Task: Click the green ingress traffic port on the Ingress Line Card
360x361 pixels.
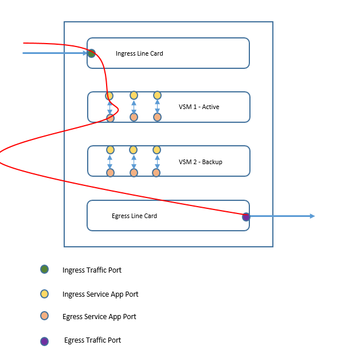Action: point(91,53)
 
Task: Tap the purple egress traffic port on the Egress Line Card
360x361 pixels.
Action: point(246,216)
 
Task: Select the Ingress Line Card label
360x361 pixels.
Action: point(139,53)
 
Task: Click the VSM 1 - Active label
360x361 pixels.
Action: point(199,107)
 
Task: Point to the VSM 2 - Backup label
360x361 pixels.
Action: point(200,162)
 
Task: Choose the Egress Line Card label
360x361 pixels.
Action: point(134,216)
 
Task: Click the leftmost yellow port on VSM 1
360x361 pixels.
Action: point(109,96)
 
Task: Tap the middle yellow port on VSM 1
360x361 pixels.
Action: point(134,95)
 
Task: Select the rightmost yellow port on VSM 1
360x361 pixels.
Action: point(157,95)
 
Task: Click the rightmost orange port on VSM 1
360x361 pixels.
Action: point(157,117)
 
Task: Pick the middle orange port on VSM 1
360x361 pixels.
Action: point(134,117)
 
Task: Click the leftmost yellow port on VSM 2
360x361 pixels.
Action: point(110,150)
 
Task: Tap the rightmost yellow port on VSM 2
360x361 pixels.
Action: point(156,150)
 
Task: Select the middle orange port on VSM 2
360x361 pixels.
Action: point(134,172)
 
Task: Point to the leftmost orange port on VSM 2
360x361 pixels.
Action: point(110,172)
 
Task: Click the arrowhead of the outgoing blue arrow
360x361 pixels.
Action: point(312,216)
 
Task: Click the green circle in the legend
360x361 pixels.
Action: point(45,269)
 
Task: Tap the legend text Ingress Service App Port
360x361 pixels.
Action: point(100,294)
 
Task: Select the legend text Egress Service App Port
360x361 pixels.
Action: point(99,316)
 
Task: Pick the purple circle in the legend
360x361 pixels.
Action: point(45,341)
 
